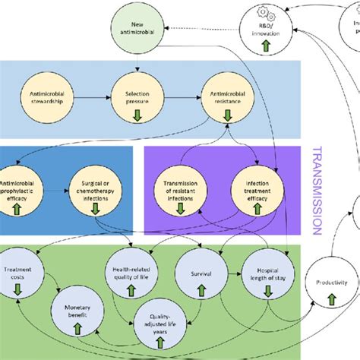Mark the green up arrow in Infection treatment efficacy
tap(259, 207)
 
